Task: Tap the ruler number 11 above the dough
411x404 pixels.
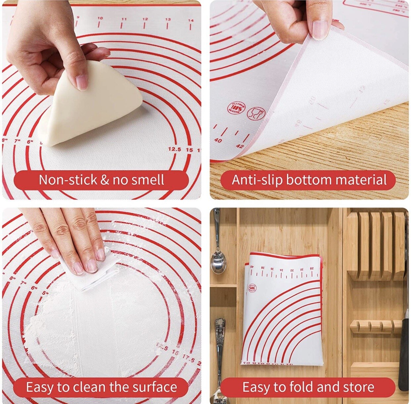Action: (x=124, y=19)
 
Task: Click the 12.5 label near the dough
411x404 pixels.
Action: (x=174, y=149)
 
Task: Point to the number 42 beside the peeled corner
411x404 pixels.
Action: (x=240, y=146)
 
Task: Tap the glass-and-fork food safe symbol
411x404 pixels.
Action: (x=256, y=113)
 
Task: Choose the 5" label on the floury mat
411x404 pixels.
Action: (x=45, y=293)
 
